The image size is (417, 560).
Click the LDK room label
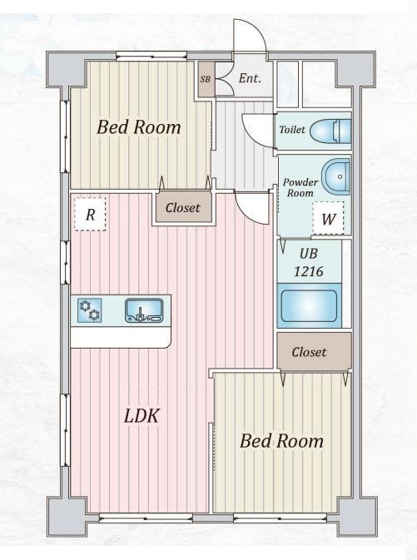(141, 416)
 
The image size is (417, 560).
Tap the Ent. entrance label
(250, 78)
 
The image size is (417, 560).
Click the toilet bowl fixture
(330, 131)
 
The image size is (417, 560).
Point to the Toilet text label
(292, 129)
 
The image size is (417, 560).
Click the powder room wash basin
(335, 176)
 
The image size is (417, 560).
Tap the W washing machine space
(328, 218)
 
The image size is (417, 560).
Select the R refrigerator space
(90, 215)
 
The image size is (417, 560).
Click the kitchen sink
(144, 310)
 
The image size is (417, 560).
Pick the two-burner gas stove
(89, 310)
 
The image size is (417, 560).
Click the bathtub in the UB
(309, 305)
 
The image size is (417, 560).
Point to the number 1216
(308, 271)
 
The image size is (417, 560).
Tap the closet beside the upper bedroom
(183, 207)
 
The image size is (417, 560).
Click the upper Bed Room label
(139, 126)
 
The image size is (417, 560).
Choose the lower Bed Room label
(281, 441)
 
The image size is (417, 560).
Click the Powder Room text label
(300, 187)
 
